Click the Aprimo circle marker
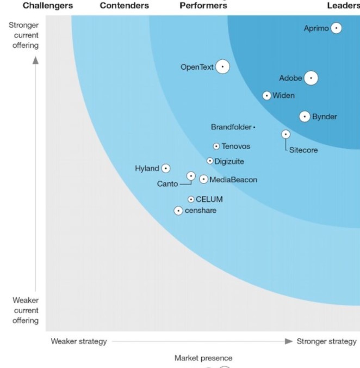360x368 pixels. tap(337, 28)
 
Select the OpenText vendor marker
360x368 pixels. tap(222, 67)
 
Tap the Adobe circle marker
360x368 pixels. tap(311, 78)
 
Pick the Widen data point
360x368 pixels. tap(267, 96)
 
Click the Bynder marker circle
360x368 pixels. tap(305, 116)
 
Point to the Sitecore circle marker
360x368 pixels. tap(286, 134)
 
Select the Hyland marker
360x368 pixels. tap(166, 169)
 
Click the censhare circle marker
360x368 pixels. tap(178, 211)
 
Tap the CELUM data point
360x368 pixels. tap(191, 199)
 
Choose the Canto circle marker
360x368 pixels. tap(191, 176)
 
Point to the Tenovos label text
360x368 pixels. tap(236, 146)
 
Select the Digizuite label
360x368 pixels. tap(229, 161)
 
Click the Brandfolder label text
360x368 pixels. tap(231, 127)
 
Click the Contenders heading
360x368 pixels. tap(125, 5)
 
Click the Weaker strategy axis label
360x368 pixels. tap(79, 341)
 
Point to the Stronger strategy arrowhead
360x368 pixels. tap(289, 341)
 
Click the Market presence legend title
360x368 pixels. tap(203, 358)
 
